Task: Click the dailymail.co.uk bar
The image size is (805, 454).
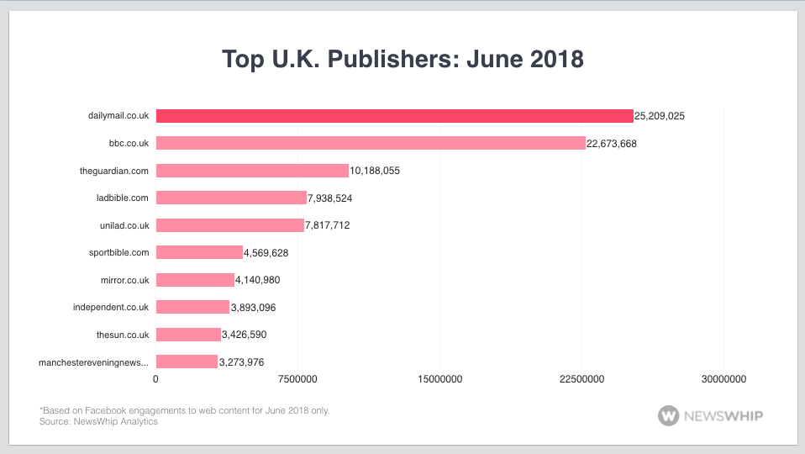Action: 394,116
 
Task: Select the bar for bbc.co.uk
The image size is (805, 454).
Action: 371,143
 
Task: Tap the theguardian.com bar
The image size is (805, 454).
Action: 252,171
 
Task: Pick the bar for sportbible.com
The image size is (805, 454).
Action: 199,252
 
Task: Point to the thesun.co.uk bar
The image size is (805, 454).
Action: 188,335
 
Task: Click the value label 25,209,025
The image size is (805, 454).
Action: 660,116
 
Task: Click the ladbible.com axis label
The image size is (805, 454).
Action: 123,198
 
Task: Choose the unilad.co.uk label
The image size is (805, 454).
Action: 124,225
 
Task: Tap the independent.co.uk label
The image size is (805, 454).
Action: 111,308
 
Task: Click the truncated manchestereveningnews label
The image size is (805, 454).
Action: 94,362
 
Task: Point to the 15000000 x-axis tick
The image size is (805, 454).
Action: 439,380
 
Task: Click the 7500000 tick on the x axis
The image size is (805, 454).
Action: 298,380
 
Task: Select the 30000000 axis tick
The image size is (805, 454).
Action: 723,380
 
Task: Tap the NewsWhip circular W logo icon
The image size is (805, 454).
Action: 669,415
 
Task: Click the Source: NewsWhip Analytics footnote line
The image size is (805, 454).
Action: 98,421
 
